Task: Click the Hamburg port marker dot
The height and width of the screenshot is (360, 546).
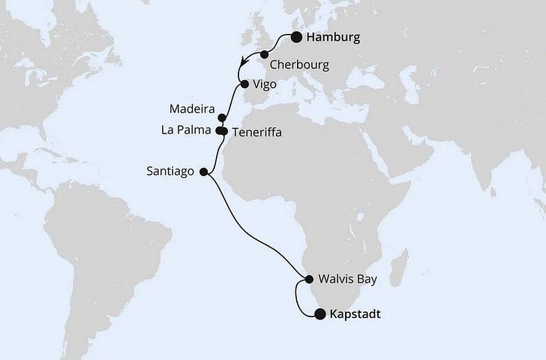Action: (x=297, y=37)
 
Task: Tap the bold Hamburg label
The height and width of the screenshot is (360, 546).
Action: (x=334, y=37)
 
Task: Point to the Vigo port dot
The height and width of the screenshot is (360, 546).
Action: (x=244, y=84)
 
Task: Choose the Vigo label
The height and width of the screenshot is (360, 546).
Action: (x=267, y=85)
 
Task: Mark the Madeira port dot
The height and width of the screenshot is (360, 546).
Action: (x=221, y=118)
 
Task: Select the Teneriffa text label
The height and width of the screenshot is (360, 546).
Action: (x=257, y=132)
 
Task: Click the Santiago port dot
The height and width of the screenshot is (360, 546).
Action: (x=203, y=171)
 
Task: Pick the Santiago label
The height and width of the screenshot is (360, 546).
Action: (x=171, y=171)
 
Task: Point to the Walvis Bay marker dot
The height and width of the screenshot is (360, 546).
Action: (x=308, y=280)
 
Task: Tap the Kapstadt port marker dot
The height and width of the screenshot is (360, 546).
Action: (x=319, y=314)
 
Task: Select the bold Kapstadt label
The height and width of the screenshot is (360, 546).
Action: (x=355, y=315)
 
